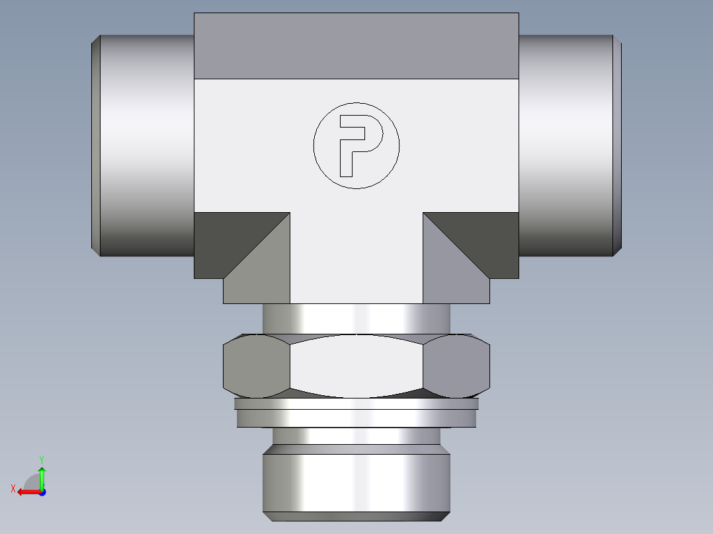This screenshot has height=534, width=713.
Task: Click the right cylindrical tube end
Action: (566, 145)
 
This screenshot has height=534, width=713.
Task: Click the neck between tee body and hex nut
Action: (356, 319)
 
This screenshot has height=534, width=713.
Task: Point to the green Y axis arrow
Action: (42, 473)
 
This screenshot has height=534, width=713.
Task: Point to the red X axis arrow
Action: (25, 492)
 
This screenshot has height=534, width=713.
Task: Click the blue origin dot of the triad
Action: (42, 492)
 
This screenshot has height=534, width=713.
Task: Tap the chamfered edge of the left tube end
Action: (95, 145)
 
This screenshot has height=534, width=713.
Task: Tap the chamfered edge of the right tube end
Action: (617, 145)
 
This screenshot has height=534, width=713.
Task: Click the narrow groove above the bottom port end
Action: (356, 436)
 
